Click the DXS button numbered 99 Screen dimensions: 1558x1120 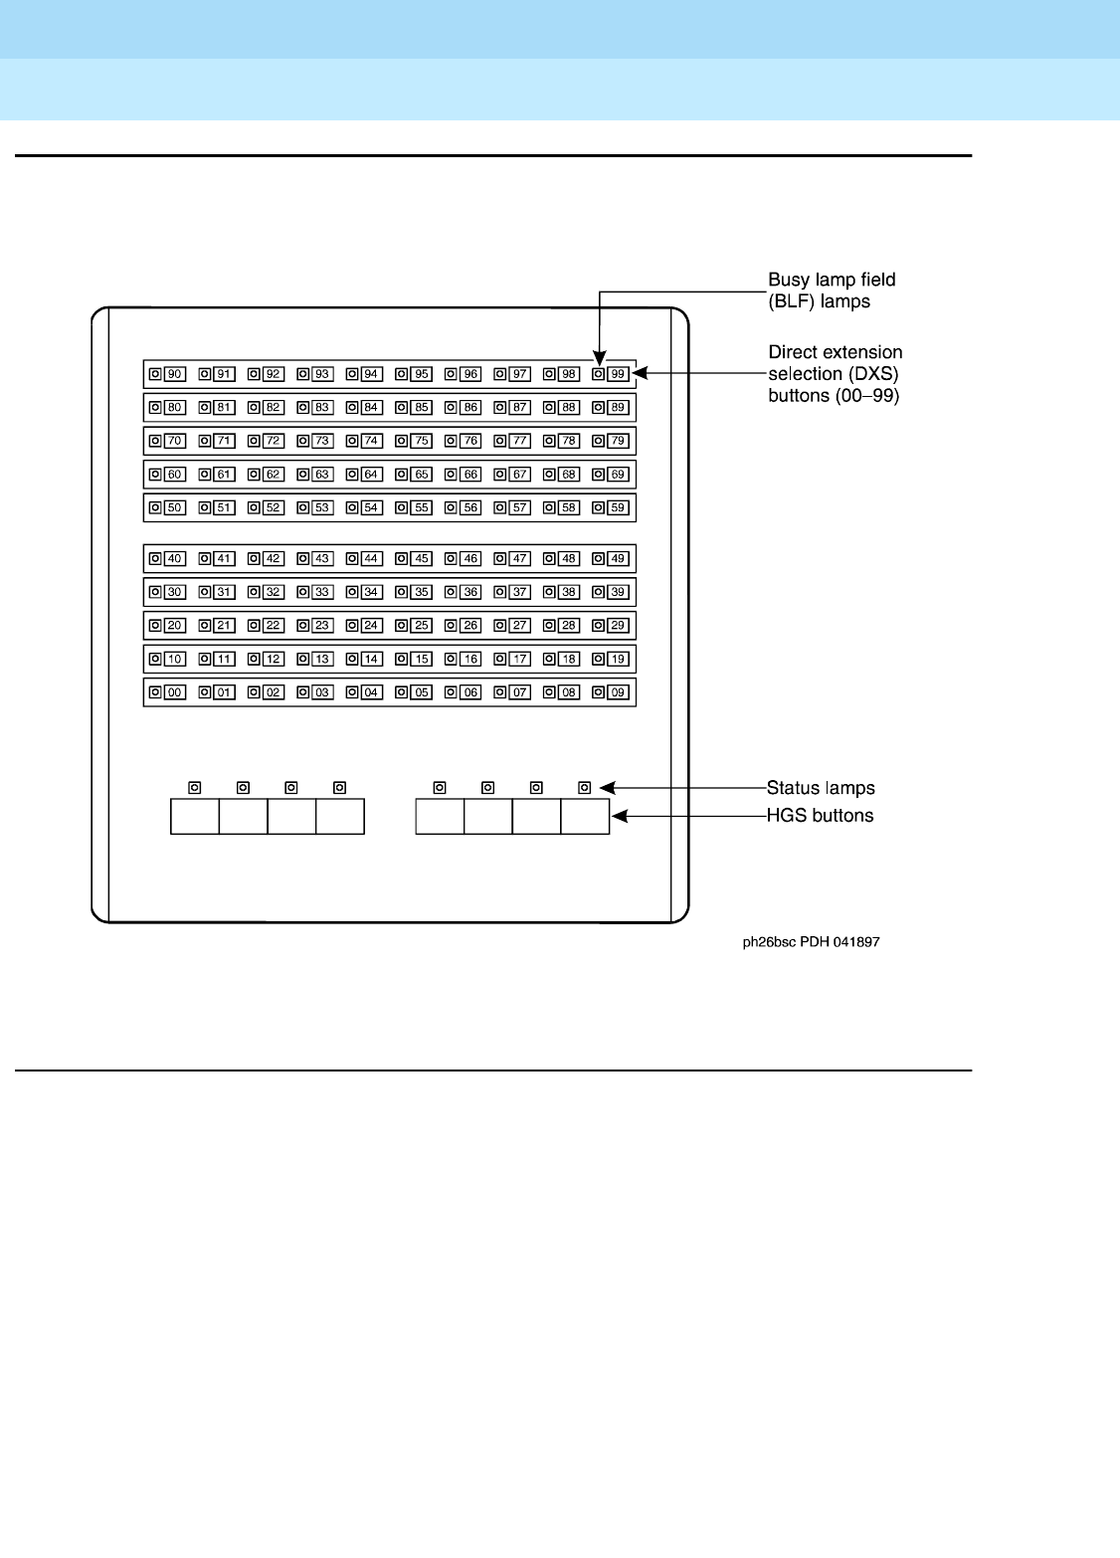(618, 374)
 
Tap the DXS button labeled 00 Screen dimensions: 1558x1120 (175, 692)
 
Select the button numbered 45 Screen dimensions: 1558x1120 (422, 559)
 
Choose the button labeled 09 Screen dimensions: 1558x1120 (618, 692)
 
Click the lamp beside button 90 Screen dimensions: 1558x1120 (155, 374)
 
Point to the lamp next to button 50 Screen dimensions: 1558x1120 (155, 507)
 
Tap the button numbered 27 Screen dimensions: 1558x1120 (519, 626)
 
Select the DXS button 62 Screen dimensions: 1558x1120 (274, 475)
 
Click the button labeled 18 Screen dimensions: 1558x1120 (569, 660)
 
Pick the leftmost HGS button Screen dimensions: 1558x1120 (195, 816)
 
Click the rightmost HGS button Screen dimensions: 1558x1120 (585, 816)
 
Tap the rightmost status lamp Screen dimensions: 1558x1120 (585, 788)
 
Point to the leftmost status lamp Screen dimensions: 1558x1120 (195, 788)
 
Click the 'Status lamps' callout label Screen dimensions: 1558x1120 (821, 788)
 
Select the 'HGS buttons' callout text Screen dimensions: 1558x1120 (820, 816)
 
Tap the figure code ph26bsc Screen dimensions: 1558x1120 (769, 942)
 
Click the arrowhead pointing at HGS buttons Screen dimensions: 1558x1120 (619, 816)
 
